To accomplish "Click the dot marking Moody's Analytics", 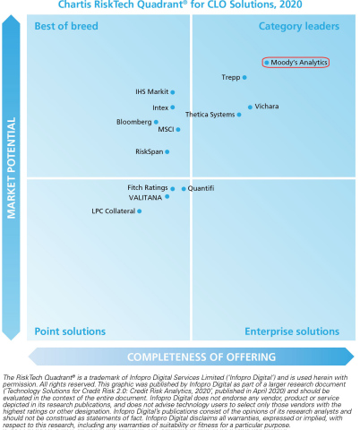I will (267, 63).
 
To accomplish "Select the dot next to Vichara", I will (250, 107).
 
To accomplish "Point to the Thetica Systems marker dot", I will (239, 115).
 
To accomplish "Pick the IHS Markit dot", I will (173, 91).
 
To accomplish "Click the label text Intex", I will (160, 107).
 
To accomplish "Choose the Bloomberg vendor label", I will (134, 121).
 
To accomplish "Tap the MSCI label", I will (166, 130).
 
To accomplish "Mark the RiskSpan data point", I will (167, 151).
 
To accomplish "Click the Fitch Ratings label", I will (147, 187).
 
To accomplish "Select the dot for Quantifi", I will (184, 188).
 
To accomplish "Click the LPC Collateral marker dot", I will (139, 211).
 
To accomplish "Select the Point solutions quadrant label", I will (70, 331).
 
